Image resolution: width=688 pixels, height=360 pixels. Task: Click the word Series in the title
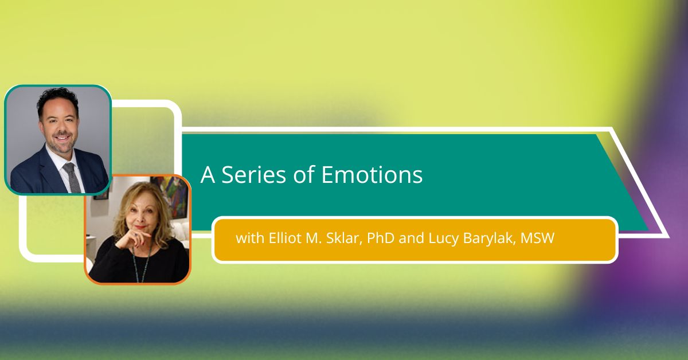[x=253, y=174]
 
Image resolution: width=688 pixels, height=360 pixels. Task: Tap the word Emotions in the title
[x=372, y=174]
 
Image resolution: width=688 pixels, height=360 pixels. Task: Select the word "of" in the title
[x=304, y=174]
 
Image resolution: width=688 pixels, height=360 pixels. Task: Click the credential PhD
[x=381, y=238]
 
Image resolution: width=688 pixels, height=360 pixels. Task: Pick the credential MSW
[x=538, y=238]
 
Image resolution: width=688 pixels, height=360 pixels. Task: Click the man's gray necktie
[x=72, y=177]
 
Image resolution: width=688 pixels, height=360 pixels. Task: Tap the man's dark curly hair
[x=58, y=100]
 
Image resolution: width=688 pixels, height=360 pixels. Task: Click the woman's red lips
[x=141, y=228]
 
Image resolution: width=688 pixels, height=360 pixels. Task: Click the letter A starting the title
[x=208, y=175]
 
